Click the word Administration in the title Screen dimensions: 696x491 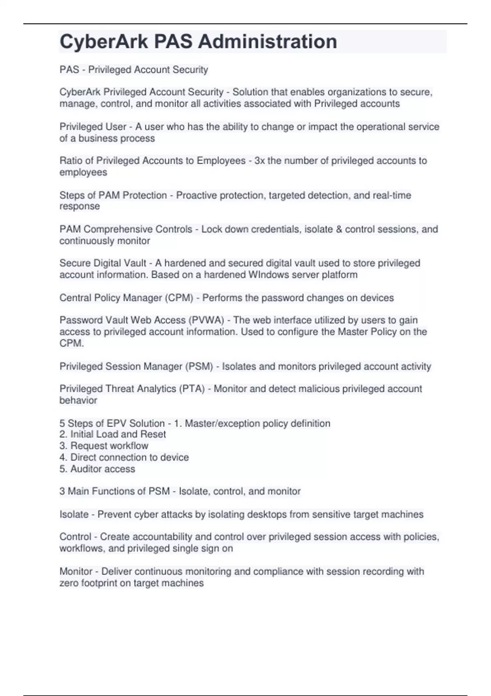pyautogui.click(x=268, y=42)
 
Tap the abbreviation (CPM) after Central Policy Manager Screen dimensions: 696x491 pyautogui.click(x=179, y=298)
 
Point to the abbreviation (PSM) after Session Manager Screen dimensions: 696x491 pyautogui.click(x=199, y=366)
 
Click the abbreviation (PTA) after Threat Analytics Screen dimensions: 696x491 pyautogui.click(x=191, y=389)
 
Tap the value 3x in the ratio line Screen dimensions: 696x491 pyautogui.click(x=259, y=160)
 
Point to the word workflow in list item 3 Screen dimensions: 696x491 pyautogui.click(x=129, y=446)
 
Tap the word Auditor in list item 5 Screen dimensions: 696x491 pyautogui.click(x=85, y=469)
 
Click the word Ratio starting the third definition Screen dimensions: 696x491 pyautogui.click(x=71, y=160)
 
